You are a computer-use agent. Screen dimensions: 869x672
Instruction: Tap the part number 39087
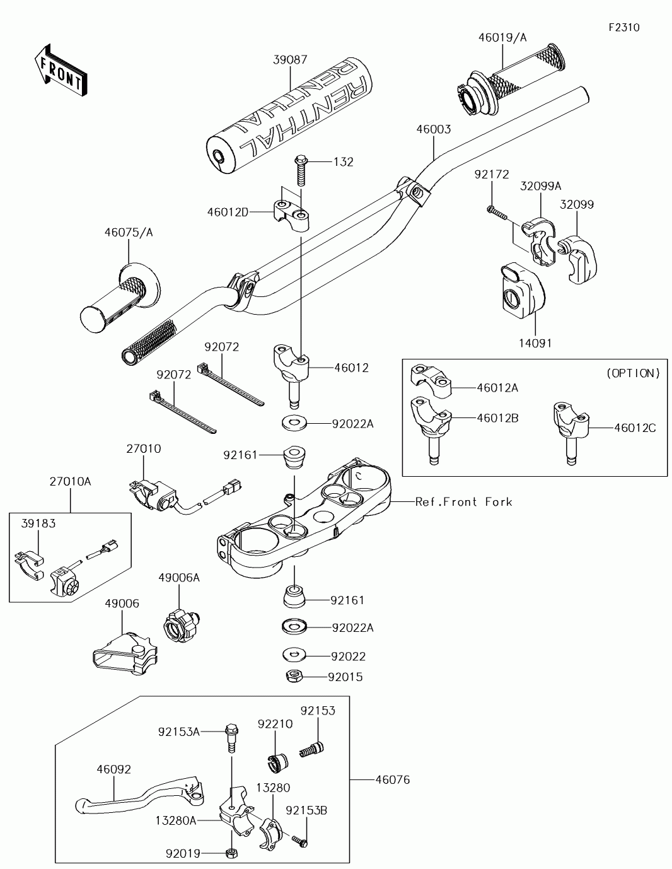[290, 60]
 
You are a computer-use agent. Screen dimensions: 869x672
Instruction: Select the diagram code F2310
[623, 27]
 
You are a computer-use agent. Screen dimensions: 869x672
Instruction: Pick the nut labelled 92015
[293, 677]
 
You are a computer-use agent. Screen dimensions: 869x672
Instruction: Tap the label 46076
[392, 780]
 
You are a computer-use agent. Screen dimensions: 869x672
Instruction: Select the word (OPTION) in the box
[633, 373]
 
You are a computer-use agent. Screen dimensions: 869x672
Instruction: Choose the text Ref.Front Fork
[463, 502]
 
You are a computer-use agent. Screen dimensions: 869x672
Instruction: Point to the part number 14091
[535, 343]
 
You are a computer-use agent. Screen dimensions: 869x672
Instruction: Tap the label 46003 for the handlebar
[433, 129]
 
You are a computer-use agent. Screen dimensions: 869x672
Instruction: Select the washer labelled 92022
[293, 655]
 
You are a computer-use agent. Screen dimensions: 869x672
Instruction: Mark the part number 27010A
[70, 481]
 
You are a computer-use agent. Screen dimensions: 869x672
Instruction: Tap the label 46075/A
[129, 233]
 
